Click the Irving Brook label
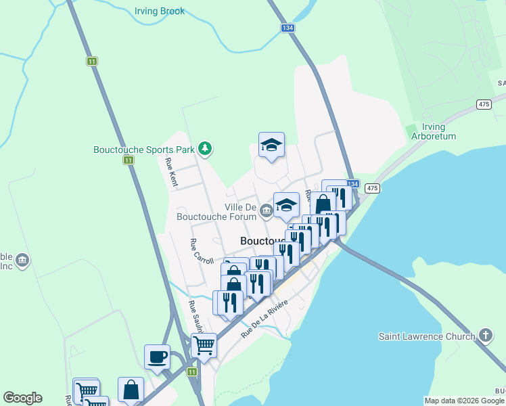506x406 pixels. click(160, 12)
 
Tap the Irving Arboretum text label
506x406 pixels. click(434, 131)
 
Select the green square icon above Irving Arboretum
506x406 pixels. click(410, 129)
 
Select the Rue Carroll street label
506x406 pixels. click(202, 252)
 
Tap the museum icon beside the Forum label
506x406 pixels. click(267, 212)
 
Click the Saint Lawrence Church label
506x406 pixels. click(425, 336)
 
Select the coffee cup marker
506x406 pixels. click(158, 357)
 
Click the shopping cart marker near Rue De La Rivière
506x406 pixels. click(204, 345)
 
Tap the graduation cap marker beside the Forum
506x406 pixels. click(286, 204)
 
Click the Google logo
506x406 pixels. click(22, 398)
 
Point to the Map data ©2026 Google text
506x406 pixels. click(465, 401)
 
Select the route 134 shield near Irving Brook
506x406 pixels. click(287, 28)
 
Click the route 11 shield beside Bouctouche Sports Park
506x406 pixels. click(129, 160)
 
